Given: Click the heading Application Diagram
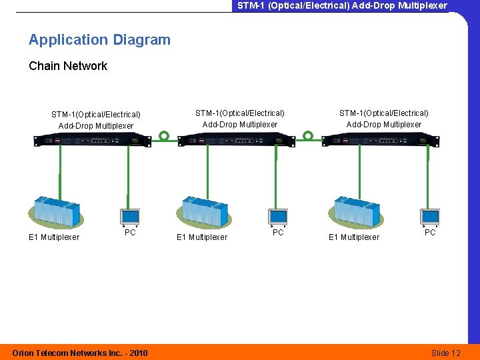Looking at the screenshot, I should (x=99, y=40).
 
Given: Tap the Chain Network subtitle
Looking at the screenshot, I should (x=67, y=66).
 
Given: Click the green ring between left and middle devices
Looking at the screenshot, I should (x=164, y=136).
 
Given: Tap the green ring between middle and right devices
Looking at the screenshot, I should (x=308, y=136).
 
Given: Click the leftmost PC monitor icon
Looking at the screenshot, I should (x=129, y=217).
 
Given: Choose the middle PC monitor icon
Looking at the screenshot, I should (x=278, y=217).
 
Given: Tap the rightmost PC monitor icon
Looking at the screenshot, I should (x=430, y=217).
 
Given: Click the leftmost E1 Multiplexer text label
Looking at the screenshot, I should (x=53, y=237).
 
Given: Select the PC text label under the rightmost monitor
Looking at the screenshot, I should (x=430, y=233).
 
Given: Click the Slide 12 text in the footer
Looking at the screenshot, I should (x=446, y=353).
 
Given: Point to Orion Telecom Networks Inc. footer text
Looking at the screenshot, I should (x=80, y=353).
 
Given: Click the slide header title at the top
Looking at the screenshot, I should (x=342, y=5).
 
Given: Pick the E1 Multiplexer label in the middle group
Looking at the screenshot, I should (x=201, y=237).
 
